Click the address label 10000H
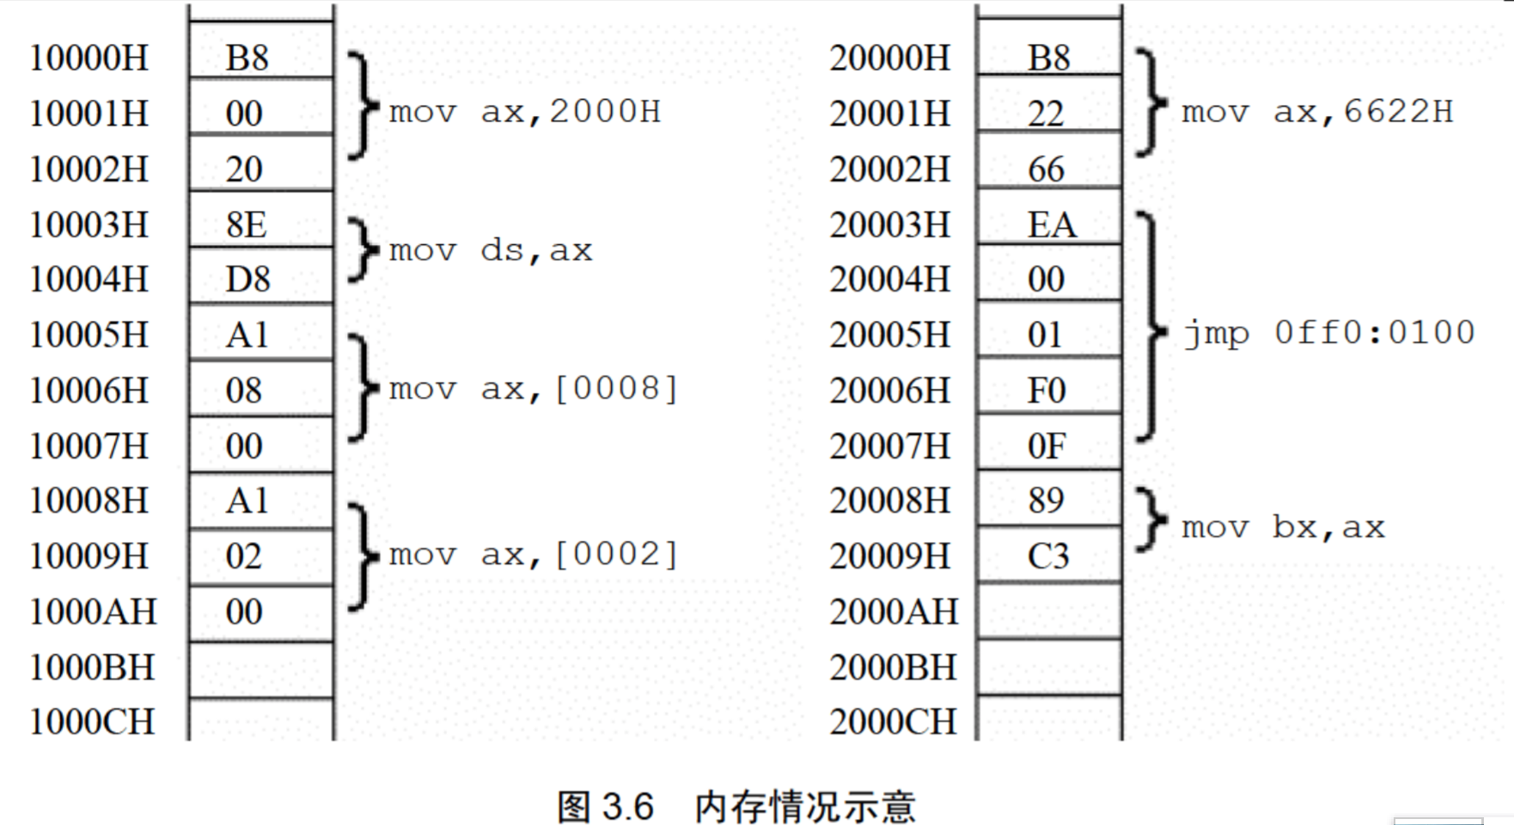click(x=89, y=58)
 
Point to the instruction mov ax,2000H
click(x=524, y=112)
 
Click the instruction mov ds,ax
click(x=491, y=251)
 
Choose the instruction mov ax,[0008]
click(x=534, y=389)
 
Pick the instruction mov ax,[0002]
click(x=534, y=555)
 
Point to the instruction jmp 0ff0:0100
click(x=1328, y=333)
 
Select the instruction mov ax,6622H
click(x=1317, y=112)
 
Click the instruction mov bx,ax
click(x=1283, y=528)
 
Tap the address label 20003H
click(x=890, y=225)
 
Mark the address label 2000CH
click(x=893, y=722)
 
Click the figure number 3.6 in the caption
click(x=628, y=807)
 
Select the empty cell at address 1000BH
click(x=261, y=669)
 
